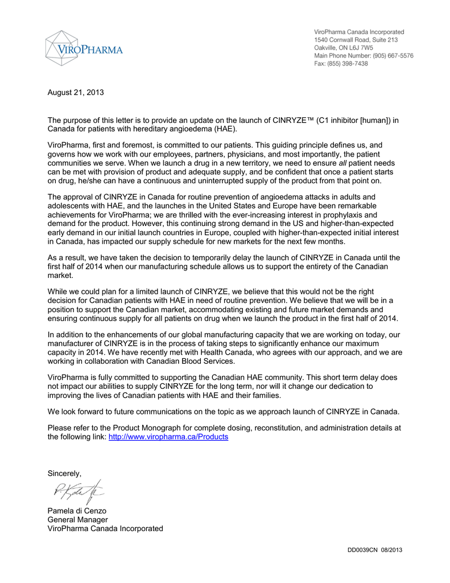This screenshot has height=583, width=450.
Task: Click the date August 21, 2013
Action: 76,92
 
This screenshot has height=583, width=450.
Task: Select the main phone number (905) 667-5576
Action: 393,56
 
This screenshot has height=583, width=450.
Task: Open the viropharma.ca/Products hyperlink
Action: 168,437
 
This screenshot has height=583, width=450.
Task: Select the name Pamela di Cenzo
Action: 77,511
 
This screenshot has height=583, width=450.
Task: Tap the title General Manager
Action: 77,519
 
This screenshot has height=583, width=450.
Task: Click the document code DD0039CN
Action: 363,549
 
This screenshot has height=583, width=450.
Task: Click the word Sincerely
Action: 64,474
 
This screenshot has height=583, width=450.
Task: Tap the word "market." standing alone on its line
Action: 59,275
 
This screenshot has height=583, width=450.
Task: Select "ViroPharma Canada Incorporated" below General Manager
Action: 105,528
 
